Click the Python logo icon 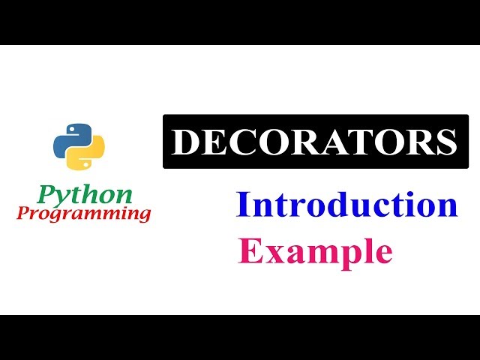(79, 144)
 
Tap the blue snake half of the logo (70, 136)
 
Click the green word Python (85, 195)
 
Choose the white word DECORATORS (314, 142)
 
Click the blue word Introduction (346, 205)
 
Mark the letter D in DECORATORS (184, 142)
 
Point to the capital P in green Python (46, 194)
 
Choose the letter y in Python (63, 198)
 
